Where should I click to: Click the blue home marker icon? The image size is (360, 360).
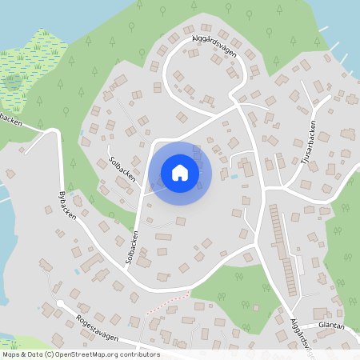[180, 173]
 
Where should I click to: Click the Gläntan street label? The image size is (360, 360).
[330, 326]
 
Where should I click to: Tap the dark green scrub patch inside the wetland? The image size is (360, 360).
[13, 79]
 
